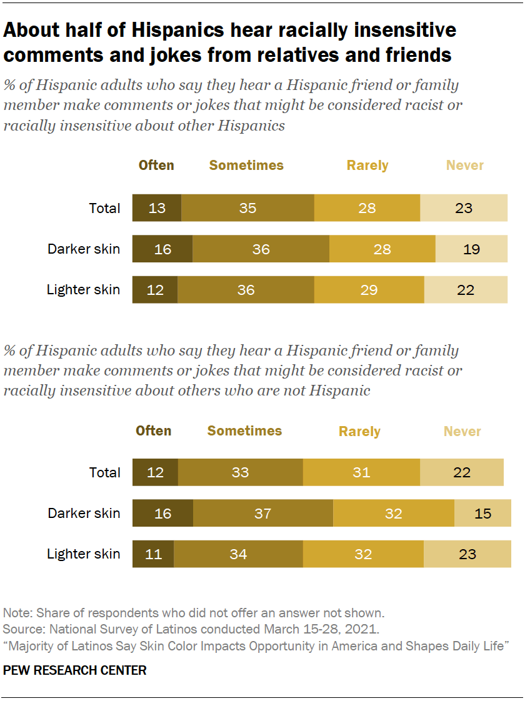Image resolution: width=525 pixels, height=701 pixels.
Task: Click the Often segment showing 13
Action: pyautogui.click(x=157, y=208)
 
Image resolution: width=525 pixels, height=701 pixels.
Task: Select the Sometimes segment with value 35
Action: pyautogui.click(x=247, y=208)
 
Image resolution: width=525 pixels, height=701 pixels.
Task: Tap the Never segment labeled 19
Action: pyautogui.click(x=471, y=249)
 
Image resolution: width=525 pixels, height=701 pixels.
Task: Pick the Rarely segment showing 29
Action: pyautogui.click(x=369, y=290)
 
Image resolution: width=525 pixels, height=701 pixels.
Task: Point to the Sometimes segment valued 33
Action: pyautogui.click(x=240, y=472)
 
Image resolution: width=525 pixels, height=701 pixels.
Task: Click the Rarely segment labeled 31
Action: pyautogui.click(x=361, y=472)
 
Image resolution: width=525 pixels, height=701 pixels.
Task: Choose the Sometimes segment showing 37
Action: pyautogui.click(x=262, y=514)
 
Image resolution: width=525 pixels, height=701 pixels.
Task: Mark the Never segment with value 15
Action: pyautogui.click(x=482, y=514)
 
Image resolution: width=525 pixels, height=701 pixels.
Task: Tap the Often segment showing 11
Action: pyautogui.click(x=153, y=554)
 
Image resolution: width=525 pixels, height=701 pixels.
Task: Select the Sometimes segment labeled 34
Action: pyautogui.click(x=238, y=554)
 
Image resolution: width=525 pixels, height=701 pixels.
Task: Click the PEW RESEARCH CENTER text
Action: pyautogui.click(x=75, y=670)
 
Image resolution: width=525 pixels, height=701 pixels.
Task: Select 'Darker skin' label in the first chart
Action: pyautogui.click(x=84, y=249)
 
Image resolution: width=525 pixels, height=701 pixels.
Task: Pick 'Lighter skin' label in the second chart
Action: pyautogui.click(x=84, y=554)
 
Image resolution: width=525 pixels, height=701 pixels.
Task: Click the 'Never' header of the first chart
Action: pyautogui.click(x=464, y=166)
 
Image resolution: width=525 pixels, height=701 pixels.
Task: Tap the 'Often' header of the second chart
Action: pyautogui.click(x=154, y=431)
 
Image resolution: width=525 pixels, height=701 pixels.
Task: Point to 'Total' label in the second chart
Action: pyautogui.click(x=104, y=472)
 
